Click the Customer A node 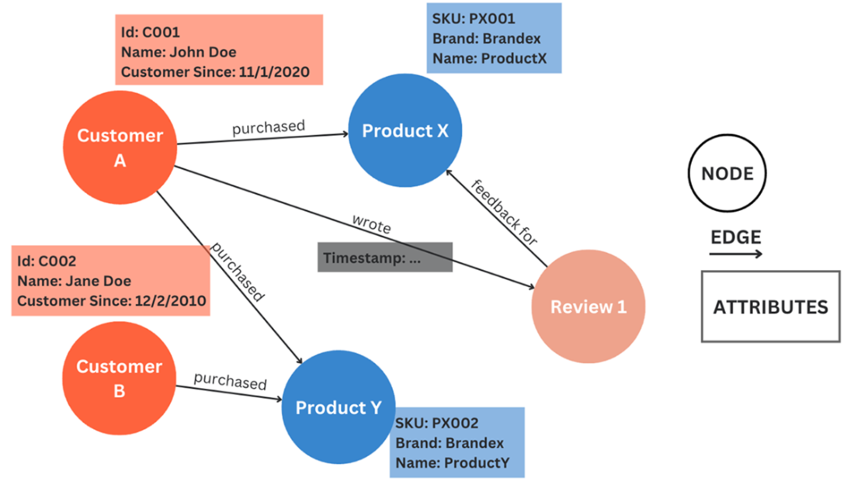click(120, 147)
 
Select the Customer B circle click(119, 378)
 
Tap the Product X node click(405, 131)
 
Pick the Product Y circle click(338, 407)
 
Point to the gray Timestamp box click(385, 258)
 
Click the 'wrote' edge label click(372, 223)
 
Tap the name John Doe click(201, 53)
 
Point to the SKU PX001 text click(473, 19)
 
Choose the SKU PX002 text click(436, 424)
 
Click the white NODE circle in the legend click(727, 173)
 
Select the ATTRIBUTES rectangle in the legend click(770, 306)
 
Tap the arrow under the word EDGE click(737, 254)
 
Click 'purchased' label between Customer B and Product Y click(230, 382)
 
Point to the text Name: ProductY click(452, 463)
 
